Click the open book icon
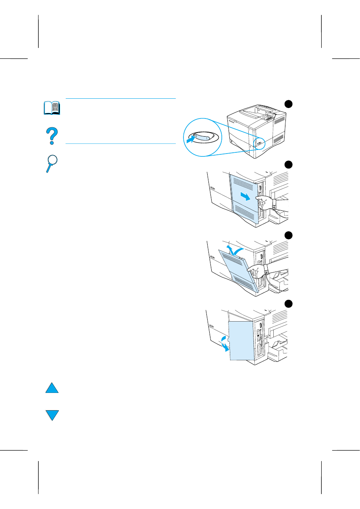[52, 108]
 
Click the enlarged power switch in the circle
[202, 137]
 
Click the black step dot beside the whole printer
[288, 104]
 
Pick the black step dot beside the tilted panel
[288, 235]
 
